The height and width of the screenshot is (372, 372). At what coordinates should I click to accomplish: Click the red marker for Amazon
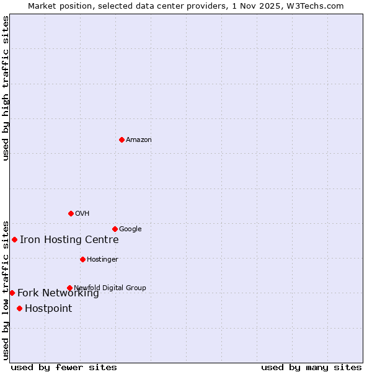pos(122,139)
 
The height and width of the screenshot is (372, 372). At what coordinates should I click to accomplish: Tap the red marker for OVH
pos(71,213)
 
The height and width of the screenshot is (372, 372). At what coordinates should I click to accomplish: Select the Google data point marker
pos(115,229)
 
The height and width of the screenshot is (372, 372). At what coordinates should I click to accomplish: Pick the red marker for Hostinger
pos(82,259)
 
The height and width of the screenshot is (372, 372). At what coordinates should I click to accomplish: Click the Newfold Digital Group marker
pos(69,288)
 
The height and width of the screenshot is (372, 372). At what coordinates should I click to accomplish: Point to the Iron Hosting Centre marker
pos(14,239)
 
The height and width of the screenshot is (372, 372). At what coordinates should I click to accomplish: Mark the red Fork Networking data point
pos(12,293)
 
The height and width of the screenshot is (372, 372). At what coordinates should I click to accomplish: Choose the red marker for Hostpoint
pos(19,308)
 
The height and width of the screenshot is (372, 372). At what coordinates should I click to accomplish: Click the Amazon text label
pos(139,139)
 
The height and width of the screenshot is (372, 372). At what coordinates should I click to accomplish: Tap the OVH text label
pos(82,213)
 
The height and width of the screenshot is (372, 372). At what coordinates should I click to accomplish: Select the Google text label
pos(130,229)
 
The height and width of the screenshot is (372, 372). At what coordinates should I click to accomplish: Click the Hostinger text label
pos(102,259)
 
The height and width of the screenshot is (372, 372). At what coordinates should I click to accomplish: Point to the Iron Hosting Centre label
pos(69,239)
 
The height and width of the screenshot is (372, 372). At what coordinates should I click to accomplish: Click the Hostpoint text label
pos(48,308)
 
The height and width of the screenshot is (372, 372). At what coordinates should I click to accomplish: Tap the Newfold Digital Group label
pos(110,288)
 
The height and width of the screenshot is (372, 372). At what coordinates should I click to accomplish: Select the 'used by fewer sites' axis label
pos(64,367)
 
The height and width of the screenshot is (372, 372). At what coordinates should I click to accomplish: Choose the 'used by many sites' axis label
pos(311,367)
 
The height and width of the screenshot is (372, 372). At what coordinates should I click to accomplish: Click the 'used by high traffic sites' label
pos(6,88)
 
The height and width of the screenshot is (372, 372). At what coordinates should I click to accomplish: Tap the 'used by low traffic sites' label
pos(6,290)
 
